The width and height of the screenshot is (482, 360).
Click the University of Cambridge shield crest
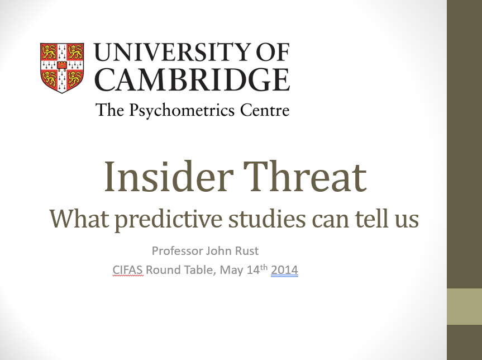(62, 67)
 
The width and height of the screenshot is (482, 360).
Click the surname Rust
(246, 250)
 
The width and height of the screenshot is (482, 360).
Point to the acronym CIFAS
(128, 270)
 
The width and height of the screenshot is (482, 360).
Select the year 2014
(284, 270)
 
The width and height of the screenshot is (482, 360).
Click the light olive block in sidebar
(464, 306)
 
